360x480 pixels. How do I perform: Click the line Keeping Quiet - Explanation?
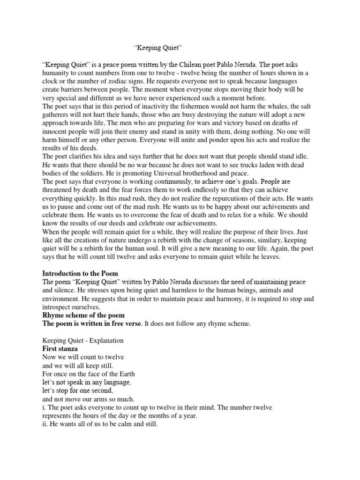point(83,341)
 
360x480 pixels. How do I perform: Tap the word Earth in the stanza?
point(125,375)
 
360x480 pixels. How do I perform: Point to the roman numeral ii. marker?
point(45,425)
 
